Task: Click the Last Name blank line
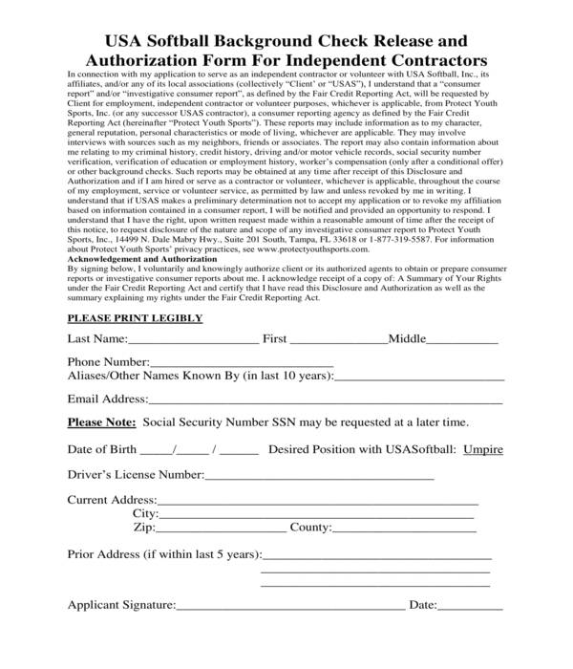(x=193, y=341)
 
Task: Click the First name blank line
(x=338, y=341)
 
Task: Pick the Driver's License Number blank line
(x=319, y=476)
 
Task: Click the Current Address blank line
(x=317, y=502)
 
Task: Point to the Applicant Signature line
(x=289, y=607)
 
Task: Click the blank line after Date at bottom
(x=469, y=607)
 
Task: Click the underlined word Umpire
(x=482, y=449)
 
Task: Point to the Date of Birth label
(x=100, y=449)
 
